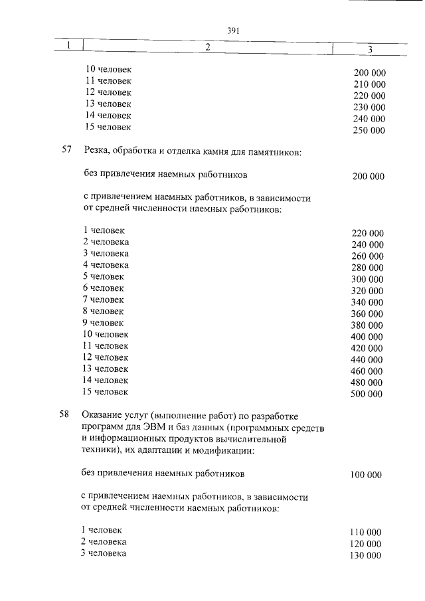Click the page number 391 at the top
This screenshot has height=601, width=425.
pyautogui.click(x=232, y=31)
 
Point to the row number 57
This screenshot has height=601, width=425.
pyautogui.click(x=66, y=151)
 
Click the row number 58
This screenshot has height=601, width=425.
pyautogui.click(x=64, y=415)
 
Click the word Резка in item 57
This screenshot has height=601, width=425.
pyautogui.click(x=96, y=151)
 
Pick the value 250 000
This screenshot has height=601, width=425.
pyautogui.click(x=369, y=130)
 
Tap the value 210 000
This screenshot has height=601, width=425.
pyautogui.click(x=370, y=84)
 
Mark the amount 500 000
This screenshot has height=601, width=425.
pyautogui.click(x=367, y=394)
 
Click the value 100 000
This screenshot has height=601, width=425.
pyautogui.click(x=366, y=475)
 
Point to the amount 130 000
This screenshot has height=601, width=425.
pyautogui.click(x=365, y=556)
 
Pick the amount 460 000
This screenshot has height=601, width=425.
pyautogui.click(x=367, y=371)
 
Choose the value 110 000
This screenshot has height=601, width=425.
pyautogui.click(x=365, y=533)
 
